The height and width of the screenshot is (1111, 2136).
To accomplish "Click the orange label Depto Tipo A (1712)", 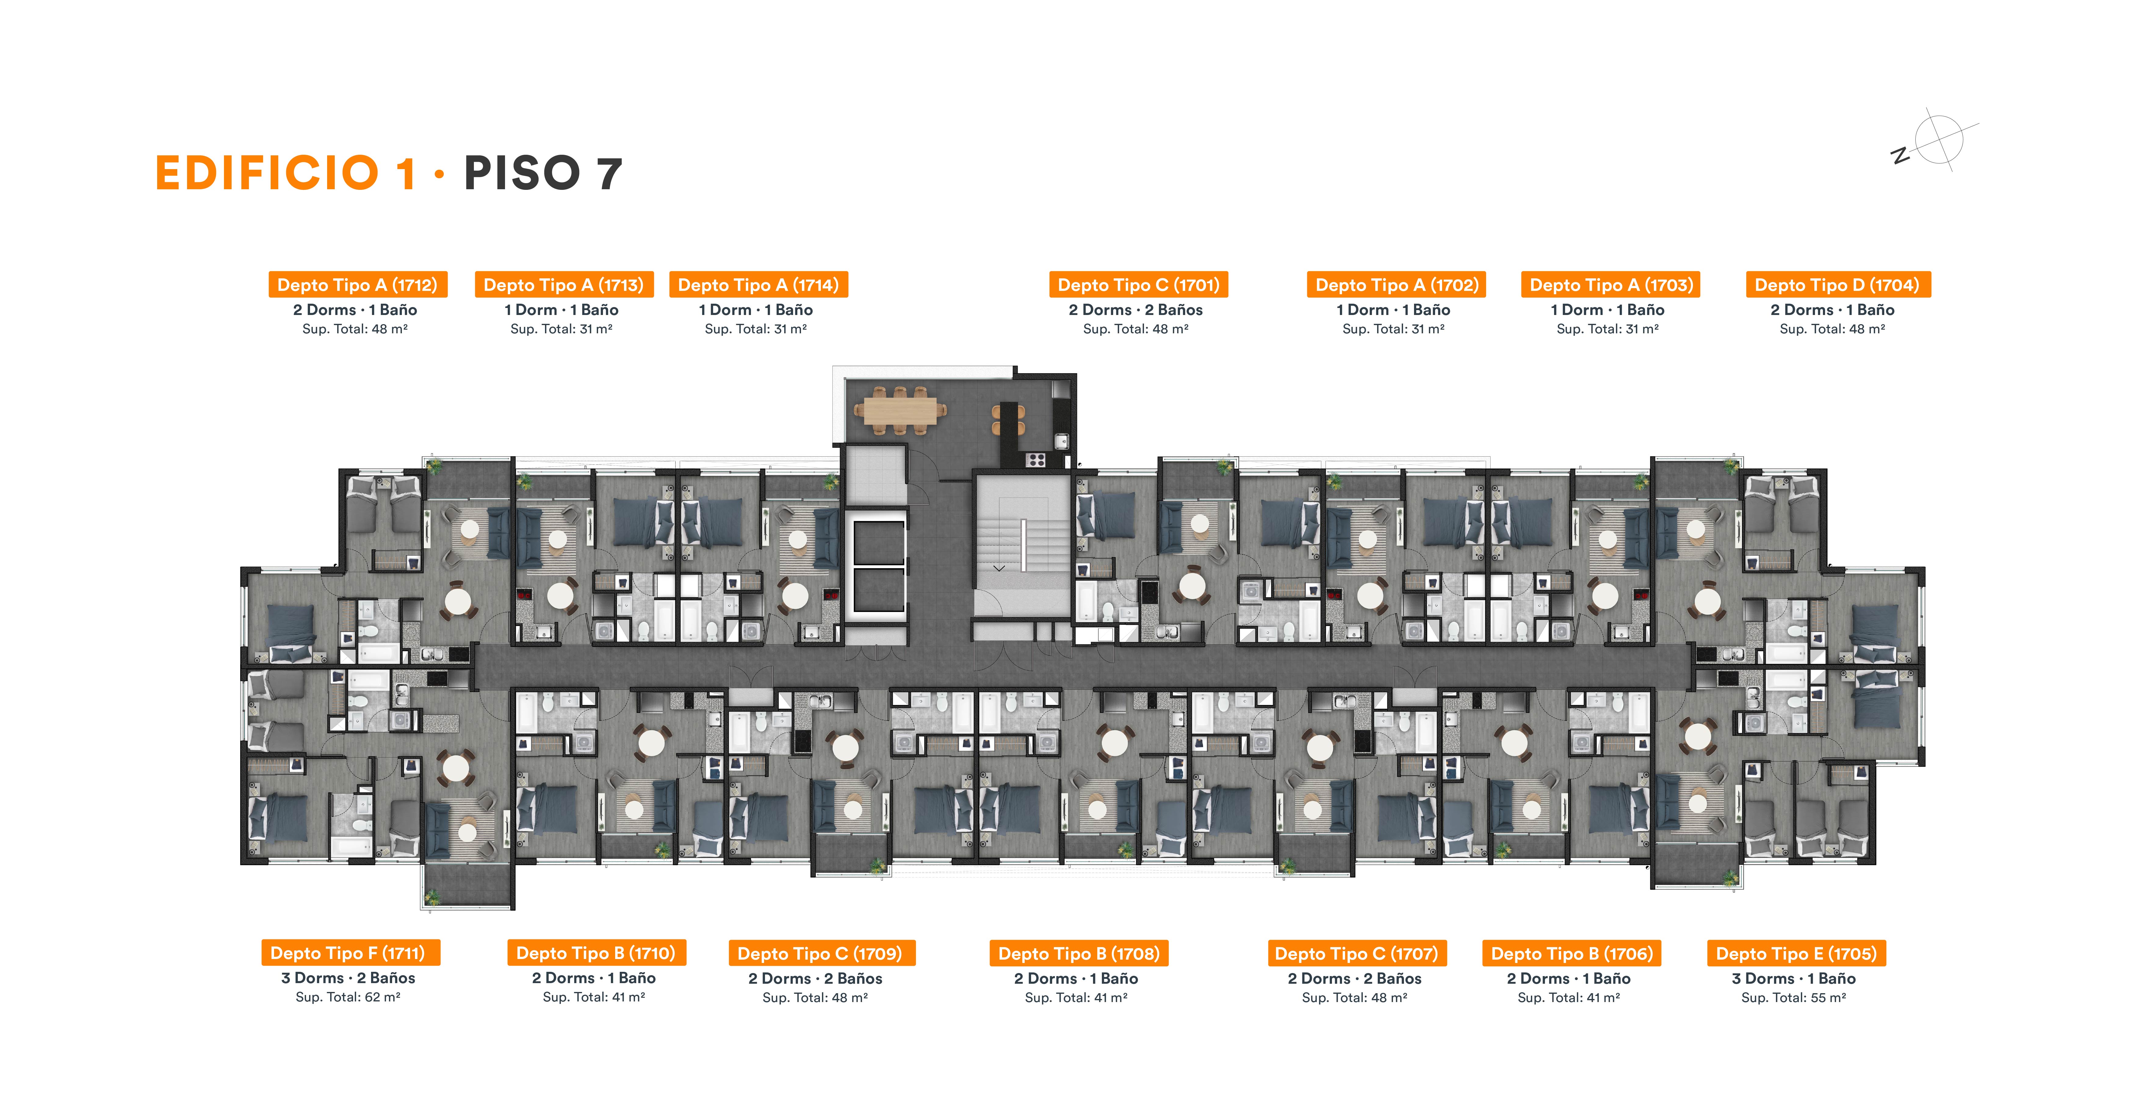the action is [357, 284].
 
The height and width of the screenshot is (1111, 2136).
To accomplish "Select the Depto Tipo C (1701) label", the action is [1138, 284].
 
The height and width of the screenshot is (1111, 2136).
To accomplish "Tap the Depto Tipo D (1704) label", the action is [1838, 284].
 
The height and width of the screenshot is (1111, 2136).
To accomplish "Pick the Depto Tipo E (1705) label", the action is [1796, 953].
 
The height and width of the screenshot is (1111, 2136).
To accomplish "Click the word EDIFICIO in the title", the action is [267, 173].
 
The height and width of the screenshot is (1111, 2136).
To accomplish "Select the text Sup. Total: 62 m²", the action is [348, 997].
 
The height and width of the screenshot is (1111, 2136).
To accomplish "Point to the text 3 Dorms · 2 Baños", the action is [348, 978].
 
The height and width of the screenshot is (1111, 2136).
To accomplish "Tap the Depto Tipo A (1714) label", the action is [758, 284].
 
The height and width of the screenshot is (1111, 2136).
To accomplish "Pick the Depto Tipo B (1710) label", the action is [596, 953].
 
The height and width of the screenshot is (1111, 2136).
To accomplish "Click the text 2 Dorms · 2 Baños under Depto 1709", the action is [815, 978].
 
